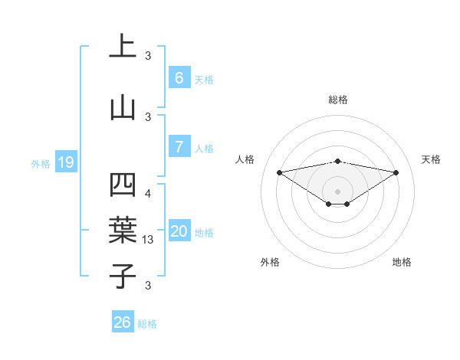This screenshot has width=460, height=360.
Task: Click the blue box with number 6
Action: coord(179,77)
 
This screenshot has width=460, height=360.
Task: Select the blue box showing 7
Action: coord(179,146)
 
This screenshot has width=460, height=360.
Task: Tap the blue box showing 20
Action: coord(179,231)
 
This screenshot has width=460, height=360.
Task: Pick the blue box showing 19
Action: coord(65,162)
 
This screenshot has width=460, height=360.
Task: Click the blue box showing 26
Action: coord(123,322)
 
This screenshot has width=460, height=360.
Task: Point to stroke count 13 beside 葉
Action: coord(149,240)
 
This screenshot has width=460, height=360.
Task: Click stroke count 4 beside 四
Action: coord(148,194)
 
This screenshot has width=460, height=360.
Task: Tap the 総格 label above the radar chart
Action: coord(337,100)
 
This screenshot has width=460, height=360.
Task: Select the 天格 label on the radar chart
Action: coord(431,159)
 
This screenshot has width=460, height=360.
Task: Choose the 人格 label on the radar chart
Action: coord(245,159)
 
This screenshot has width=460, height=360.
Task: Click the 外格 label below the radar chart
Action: coord(270,262)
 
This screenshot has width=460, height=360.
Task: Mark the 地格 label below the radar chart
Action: coord(402,262)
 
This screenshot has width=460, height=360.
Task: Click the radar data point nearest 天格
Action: coord(396,172)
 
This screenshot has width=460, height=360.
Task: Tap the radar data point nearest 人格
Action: coord(279,172)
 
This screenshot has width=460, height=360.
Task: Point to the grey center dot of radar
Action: coord(337,191)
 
